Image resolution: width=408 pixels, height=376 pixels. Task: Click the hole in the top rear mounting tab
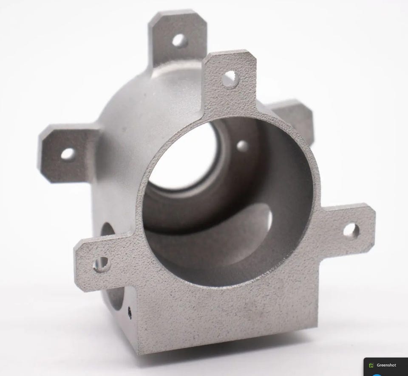coord(180,40)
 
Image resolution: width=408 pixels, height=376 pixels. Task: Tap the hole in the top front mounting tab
coord(230,79)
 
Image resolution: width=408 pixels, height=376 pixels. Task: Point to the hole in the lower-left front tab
coord(102,264)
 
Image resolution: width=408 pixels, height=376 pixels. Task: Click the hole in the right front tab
coord(351,230)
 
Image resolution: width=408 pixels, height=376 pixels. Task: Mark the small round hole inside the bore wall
coord(243,146)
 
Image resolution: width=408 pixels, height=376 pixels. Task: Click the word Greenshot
coord(386,365)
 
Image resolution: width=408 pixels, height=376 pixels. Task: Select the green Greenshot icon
coord(371,365)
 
